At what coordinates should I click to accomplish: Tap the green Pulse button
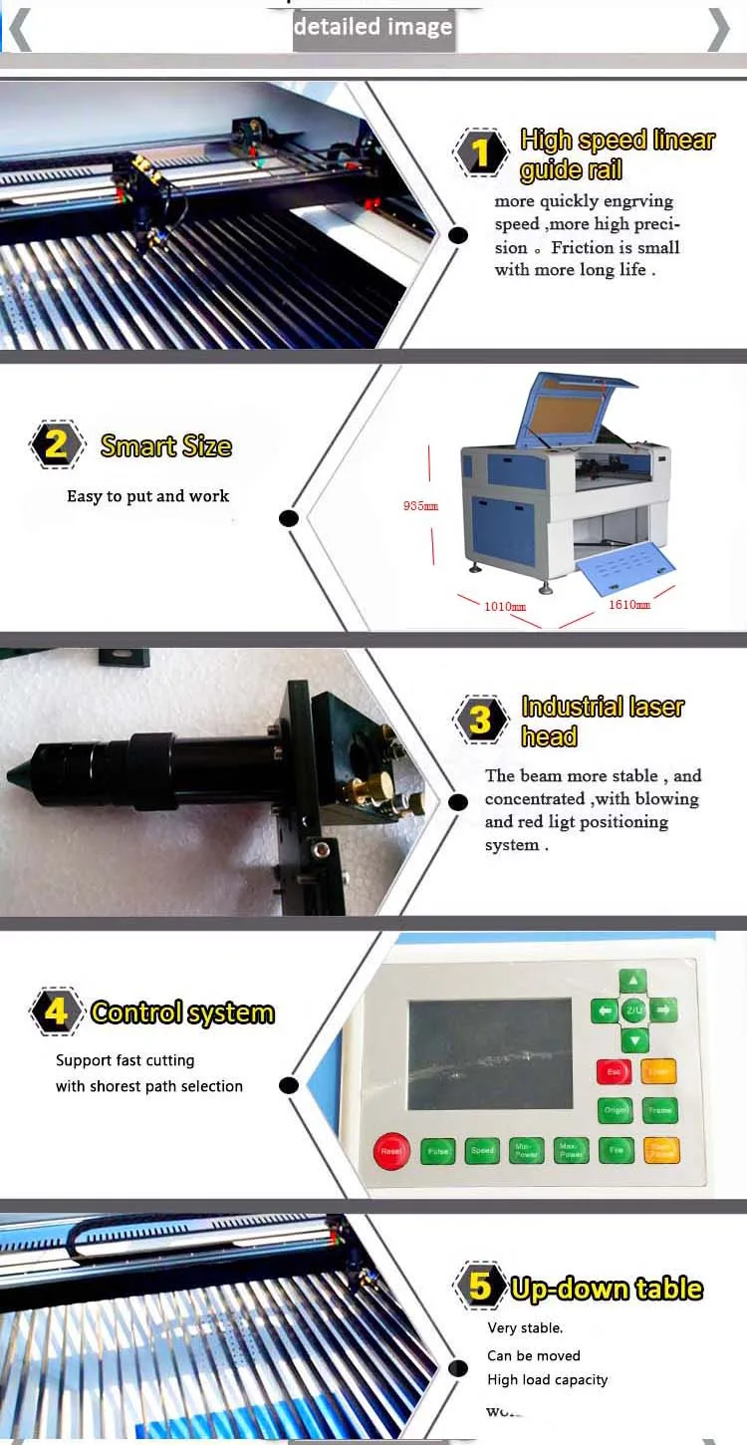pyautogui.click(x=438, y=1151)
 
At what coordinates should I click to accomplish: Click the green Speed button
pyautogui.click(x=482, y=1151)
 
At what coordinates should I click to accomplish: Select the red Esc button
pyautogui.click(x=614, y=1072)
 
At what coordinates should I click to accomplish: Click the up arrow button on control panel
pyautogui.click(x=633, y=981)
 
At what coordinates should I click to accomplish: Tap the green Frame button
pyautogui.click(x=659, y=1110)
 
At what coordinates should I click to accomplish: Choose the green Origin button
pyautogui.click(x=616, y=1110)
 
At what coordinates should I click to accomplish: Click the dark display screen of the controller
pyautogui.click(x=490, y=1054)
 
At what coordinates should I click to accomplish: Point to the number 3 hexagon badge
pyautogui.click(x=480, y=721)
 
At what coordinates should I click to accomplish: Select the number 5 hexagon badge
pyautogui.click(x=480, y=1287)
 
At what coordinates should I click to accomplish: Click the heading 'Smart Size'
pyautogui.click(x=166, y=445)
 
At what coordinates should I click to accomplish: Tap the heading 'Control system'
pyautogui.click(x=182, y=1012)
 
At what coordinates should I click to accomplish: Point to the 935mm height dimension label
pyautogui.click(x=420, y=506)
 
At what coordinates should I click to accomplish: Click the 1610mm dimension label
pyautogui.click(x=629, y=605)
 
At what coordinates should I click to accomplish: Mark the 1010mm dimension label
pyautogui.click(x=505, y=606)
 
